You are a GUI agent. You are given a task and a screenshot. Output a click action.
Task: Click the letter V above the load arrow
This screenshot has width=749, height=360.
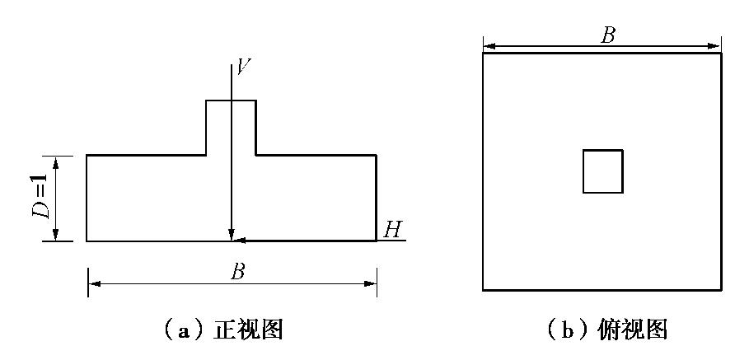pos(242,67)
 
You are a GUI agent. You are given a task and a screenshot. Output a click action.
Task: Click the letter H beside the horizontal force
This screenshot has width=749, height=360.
pos(392,229)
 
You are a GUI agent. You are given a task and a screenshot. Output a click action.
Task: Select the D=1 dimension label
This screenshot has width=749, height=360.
pos(39,199)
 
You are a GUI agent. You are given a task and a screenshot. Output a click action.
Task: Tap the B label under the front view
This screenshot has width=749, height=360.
pos(237,272)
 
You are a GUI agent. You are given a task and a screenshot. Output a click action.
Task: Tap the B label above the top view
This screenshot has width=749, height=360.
pos(608,35)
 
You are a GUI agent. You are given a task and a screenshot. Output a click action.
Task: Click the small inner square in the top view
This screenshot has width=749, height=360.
pos(602,171)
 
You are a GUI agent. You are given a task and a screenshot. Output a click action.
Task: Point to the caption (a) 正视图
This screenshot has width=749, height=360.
pos(224,330)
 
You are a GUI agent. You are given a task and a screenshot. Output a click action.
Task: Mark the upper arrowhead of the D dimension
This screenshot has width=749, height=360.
pos(56,161)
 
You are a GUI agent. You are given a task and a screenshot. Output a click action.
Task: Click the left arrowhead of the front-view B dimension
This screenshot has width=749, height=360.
pos(93,283)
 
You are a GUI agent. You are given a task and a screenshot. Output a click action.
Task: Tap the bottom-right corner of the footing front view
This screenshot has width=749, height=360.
pos(377,241)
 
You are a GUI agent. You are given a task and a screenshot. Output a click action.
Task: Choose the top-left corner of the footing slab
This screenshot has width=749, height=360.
pos(87,155)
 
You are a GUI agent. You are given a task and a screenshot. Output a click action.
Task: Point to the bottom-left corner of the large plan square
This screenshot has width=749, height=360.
pos(483,290)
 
